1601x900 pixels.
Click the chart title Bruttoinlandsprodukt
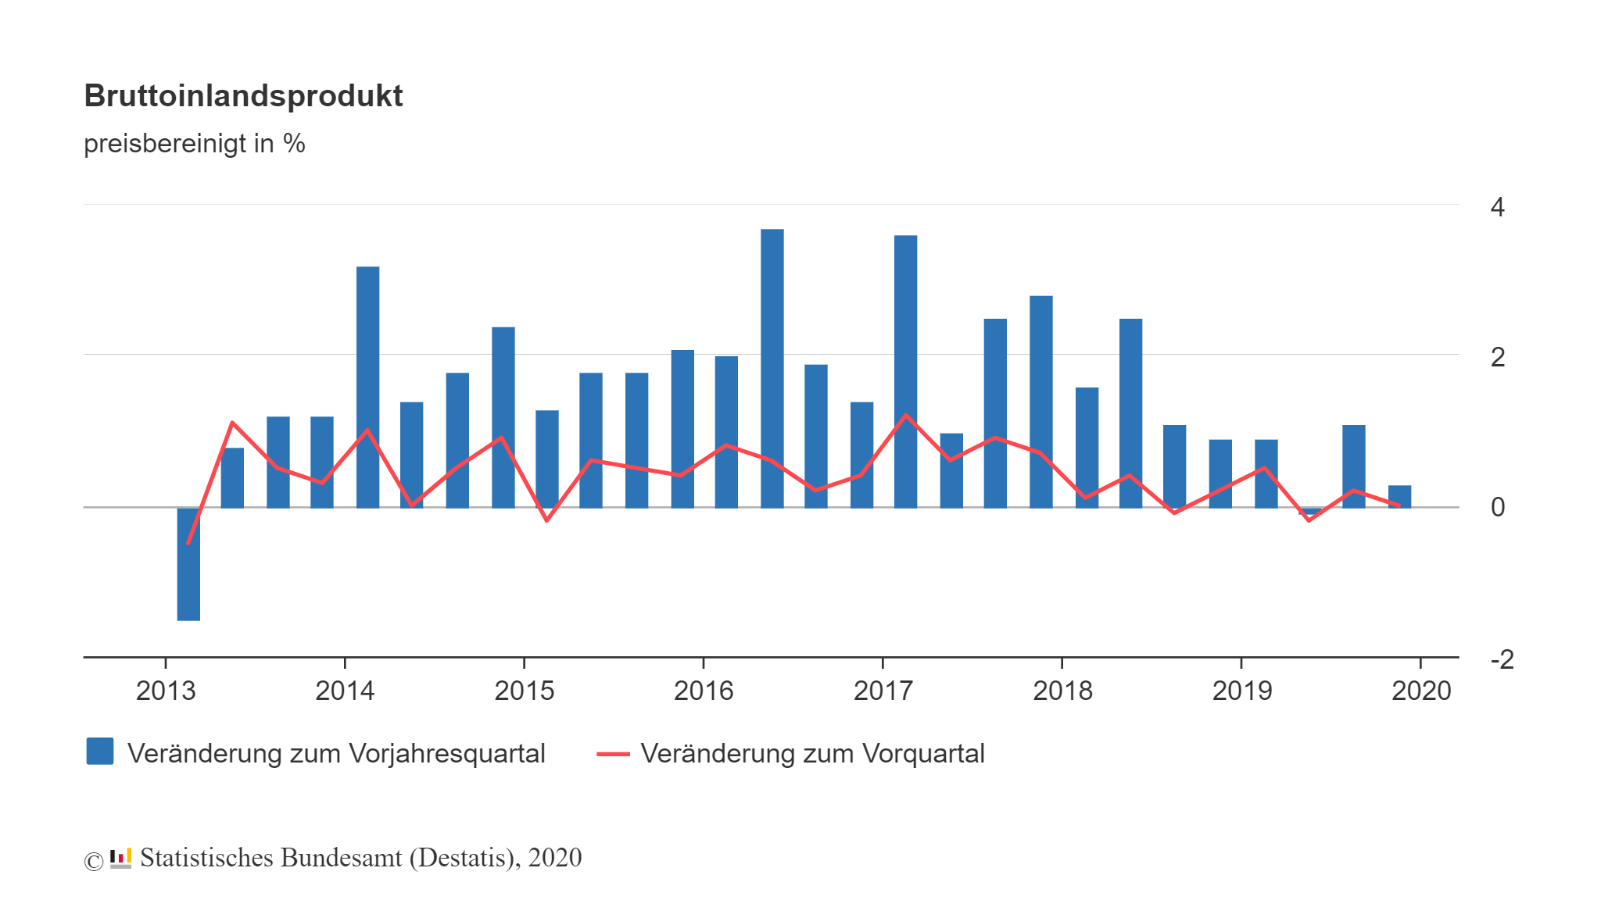pyautogui.click(x=243, y=95)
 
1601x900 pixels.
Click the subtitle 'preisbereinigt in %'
pyautogui.click(x=194, y=144)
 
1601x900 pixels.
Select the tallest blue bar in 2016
pyautogui.click(x=772, y=367)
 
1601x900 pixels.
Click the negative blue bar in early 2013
pyautogui.click(x=188, y=564)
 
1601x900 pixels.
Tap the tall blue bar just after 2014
pyautogui.click(x=367, y=387)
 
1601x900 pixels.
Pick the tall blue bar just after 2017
pyautogui.click(x=905, y=371)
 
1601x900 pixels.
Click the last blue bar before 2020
pyautogui.click(x=1399, y=496)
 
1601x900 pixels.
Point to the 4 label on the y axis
pyautogui.click(x=1497, y=207)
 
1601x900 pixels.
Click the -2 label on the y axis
pyautogui.click(x=1502, y=659)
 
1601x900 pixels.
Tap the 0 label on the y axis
pyautogui.click(x=1497, y=507)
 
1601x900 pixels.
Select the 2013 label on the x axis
pyautogui.click(x=166, y=691)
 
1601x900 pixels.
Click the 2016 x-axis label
pyautogui.click(x=704, y=691)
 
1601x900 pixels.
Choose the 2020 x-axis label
pyautogui.click(x=1421, y=691)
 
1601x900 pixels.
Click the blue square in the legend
pyautogui.click(x=100, y=752)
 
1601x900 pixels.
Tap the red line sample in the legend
pyautogui.click(x=613, y=754)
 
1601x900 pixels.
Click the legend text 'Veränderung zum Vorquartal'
pyautogui.click(x=812, y=754)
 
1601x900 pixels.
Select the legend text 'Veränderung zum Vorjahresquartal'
pyautogui.click(x=336, y=754)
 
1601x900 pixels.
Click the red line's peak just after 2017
pyautogui.click(x=905, y=415)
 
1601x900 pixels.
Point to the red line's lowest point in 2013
pyautogui.click(x=188, y=543)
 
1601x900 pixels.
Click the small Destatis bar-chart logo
pyautogui.click(x=120, y=858)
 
